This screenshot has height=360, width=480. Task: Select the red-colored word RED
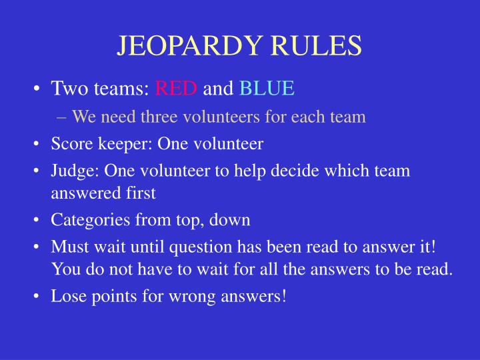pos(176,89)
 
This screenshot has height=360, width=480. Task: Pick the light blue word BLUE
pos(267,89)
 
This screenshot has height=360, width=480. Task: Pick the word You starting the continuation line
pos(65,270)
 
